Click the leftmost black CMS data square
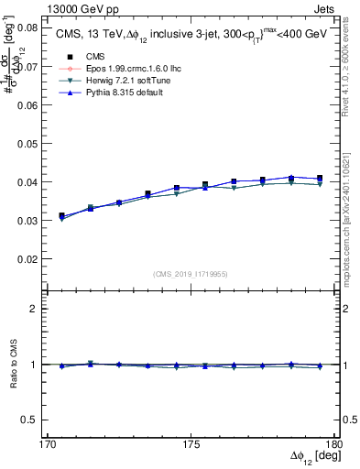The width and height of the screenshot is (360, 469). click(62, 216)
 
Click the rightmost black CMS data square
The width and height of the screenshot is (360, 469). click(320, 179)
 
